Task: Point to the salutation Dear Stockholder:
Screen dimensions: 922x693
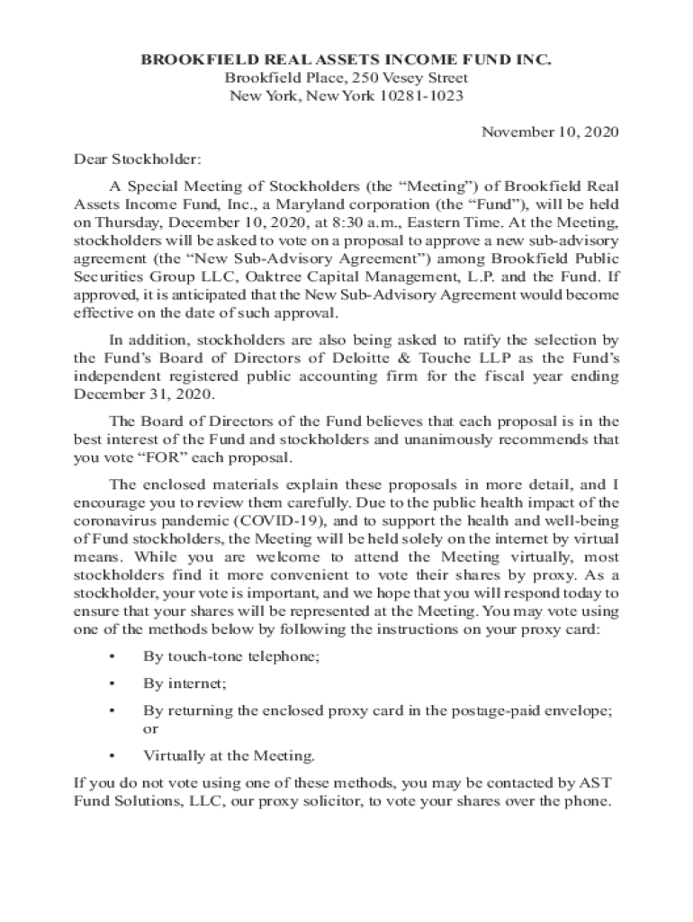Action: tap(138, 159)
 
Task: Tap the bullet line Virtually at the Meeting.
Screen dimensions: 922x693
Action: tap(229, 755)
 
